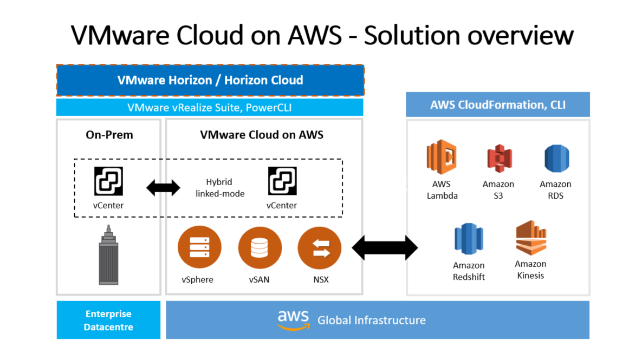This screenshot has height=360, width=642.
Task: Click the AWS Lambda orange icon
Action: click(x=442, y=157)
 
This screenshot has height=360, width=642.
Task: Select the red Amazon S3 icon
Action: click(x=498, y=159)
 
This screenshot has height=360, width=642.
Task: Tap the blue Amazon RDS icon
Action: click(x=556, y=159)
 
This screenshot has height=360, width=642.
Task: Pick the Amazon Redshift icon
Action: click(x=469, y=239)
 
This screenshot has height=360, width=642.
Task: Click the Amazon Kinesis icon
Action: click(x=530, y=238)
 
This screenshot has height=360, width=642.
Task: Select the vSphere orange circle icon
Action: click(x=199, y=248)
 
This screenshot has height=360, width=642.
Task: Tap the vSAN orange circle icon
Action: click(x=260, y=248)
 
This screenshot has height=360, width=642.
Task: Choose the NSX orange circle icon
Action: click(x=320, y=248)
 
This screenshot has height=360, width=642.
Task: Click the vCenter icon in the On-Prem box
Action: click(x=108, y=181)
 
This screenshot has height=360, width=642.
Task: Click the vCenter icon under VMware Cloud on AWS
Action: click(x=282, y=181)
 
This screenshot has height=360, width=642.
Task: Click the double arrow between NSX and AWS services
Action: click(x=385, y=248)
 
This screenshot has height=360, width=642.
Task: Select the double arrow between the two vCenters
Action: click(x=164, y=188)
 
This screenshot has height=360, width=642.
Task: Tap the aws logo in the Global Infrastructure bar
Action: click(x=293, y=319)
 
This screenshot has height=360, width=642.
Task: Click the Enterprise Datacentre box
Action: click(x=108, y=320)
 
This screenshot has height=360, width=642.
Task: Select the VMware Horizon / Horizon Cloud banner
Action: click(x=210, y=80)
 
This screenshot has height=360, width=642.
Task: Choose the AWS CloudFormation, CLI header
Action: click(x=497, y=104)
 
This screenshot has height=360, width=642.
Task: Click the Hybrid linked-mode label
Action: click(x=219, y=188)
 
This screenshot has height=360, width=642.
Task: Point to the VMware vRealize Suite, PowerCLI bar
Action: click(x=210, y=107)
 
